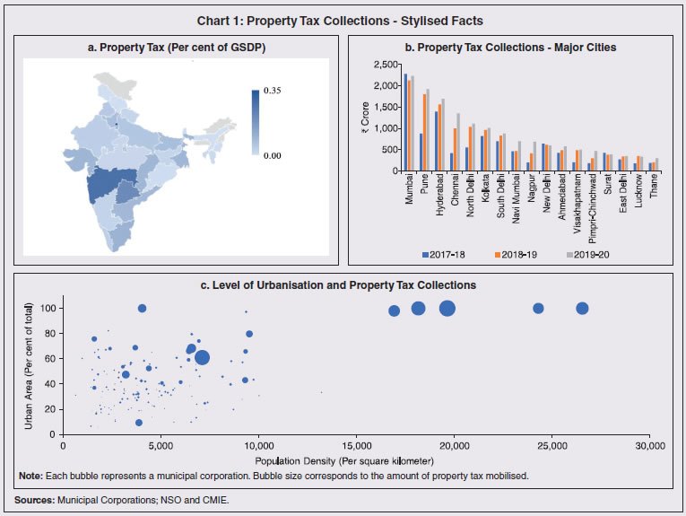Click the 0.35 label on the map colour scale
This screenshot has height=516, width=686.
click(272, 92)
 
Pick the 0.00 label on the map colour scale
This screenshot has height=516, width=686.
click(272, 154)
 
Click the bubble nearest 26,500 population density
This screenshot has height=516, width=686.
click(582, 308)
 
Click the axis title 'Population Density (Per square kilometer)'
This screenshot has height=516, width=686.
click(356, 459)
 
